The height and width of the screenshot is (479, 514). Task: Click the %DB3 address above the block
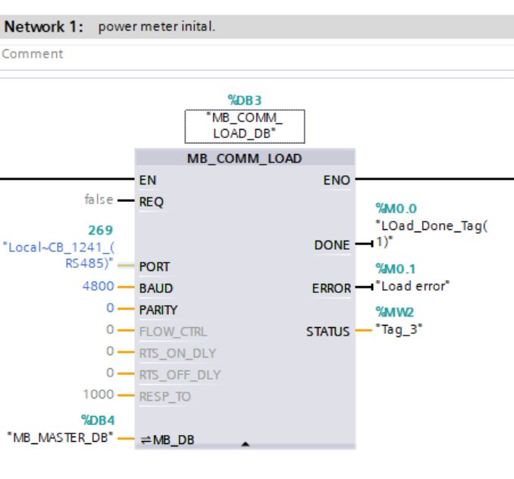(x=245, y=100)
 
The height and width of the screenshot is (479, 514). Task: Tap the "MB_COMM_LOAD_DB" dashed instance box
(x=245, y=126)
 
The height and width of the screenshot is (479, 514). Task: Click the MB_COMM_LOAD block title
(x=244, y=159)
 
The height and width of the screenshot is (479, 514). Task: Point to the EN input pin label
(x=148, y=180)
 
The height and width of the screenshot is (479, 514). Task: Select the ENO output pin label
(x=337, y=180)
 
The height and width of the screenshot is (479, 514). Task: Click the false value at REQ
(x=99, y=200)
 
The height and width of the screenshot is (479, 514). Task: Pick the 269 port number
(x=100, y=230)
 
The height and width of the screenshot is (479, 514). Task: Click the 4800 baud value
(x=99, y=288)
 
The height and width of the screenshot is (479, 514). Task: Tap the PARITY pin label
(x=158, y=310)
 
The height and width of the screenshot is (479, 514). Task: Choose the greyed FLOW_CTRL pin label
(x=172, y=331)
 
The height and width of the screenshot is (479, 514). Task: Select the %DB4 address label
(x=97, y=420)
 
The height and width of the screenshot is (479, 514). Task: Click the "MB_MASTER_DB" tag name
(x=61, y=437)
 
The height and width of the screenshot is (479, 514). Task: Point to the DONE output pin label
(x=332, y=245)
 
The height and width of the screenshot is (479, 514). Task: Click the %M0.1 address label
(x=396, y=269)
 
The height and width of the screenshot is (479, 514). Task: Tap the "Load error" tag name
(x=413, y=286)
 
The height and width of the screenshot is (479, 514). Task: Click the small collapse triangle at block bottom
(x=245, y=443)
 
